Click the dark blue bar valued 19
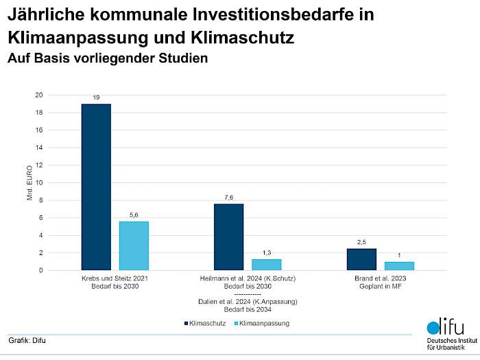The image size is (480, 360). (96, 187)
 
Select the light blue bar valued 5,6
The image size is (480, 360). (134, 245)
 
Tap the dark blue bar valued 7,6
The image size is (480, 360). (228, 237)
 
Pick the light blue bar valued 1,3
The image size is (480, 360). (266, 264)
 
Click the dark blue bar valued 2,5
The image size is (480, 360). (361, 259)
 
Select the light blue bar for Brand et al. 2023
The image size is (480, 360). (399, 265)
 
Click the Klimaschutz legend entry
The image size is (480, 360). (205, 322)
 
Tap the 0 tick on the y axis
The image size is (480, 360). (40, 270)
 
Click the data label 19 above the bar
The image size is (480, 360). (96, 98)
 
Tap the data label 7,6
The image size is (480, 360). (228, 197)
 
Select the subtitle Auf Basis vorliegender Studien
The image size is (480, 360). (107, 58)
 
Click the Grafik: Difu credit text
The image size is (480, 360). (27, 340)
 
